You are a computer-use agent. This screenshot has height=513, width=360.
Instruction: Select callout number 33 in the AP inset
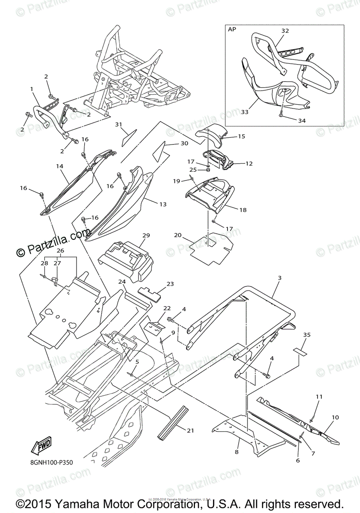(245, 112)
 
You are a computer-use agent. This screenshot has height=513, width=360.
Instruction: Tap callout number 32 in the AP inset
(285, 31)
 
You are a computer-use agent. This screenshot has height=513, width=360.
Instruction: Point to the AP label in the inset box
(232, 30)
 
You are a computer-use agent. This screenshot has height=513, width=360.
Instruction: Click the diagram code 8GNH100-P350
(52, 463)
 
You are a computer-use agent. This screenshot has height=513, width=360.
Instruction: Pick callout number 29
(146, 236)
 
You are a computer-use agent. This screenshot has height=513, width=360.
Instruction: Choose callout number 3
(279, 278)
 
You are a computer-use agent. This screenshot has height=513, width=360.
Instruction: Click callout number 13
(163, 204)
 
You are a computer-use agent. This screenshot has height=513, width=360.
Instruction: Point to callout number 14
(59, 165)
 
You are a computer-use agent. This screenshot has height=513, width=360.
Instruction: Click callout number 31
(118, 124)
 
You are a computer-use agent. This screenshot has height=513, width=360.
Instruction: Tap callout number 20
(178, 235)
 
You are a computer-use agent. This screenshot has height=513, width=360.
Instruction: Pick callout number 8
(237, 451)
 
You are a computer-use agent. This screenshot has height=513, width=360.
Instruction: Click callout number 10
(335, 417)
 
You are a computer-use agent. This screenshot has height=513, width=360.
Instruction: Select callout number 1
(31, 89)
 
